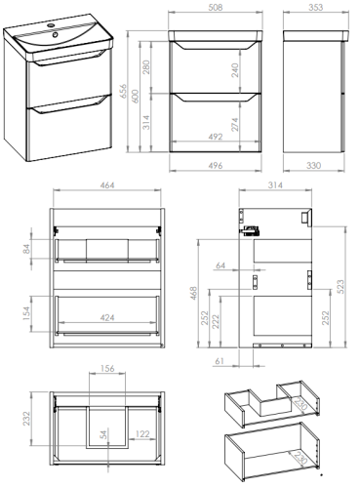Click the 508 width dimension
(x=216, y=7)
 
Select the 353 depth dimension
(x=315, y=7)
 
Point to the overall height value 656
(x=123, y=92)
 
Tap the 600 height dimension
(x=136, y=97)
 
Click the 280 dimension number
(x=146, y=67)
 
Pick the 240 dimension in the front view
(x=235, y=70)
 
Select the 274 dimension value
(x=235, y=124)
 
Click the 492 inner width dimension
(x=216, y=137)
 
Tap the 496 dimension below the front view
(x=216, y=165)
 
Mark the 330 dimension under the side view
(x=313, y=165)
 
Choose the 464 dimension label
(x=107, y=185)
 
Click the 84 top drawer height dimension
(x=26, y=249)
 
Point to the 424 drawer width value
(x=107, y=317)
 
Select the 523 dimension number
(x=340, y=287)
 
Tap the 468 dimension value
(x=193, y=293)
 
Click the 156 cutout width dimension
(x=107, y=368)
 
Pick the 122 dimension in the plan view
(x=142, y=433)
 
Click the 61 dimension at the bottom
(x=220, y=361)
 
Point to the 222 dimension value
(x=216, y=321)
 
